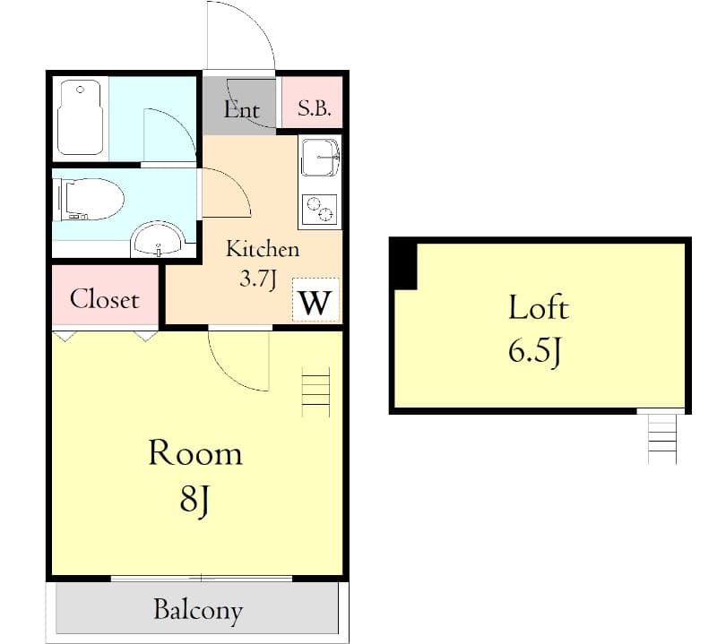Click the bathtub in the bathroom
(82, 118)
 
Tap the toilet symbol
(90, 198)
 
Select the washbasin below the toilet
(159, 241)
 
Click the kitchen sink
(319, 159)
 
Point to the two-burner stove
(319, 209)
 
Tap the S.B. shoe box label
(315, 109)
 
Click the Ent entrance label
(241, 109)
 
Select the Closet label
(105, 298)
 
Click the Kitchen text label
(262, 249)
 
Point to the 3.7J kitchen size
(255, 278)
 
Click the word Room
(195, 453)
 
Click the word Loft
(538, 308)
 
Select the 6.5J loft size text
(535, 352)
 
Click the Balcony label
(198, 611)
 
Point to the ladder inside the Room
(315, 391)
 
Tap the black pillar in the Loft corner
(404, 265)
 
